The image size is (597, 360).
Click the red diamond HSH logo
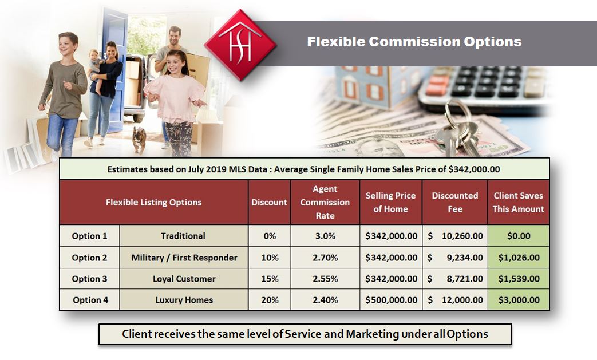tap(240, 45)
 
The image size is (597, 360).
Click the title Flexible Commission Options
tap(414, 41)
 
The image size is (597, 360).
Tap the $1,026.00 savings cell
tap(519, 258)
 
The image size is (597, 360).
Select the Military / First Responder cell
tap(184, 258)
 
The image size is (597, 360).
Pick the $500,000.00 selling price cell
tap(391, 300)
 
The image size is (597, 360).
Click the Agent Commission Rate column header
tap(325, 202)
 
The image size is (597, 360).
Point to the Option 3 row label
tap(89, 279)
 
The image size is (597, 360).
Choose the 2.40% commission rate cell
tap(325, 300)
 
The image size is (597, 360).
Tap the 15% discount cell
tap(270, 279)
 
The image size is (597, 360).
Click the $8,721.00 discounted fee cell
tap(455, 279)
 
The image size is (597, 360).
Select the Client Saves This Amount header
tap(518, 202)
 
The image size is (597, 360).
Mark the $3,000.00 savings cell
tap(519, 300)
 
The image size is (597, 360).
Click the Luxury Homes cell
tap(184, 300)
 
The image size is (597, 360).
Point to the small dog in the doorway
tap(139, 140)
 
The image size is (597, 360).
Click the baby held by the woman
tap(96, 70)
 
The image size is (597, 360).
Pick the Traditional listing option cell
tap(184, 236)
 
